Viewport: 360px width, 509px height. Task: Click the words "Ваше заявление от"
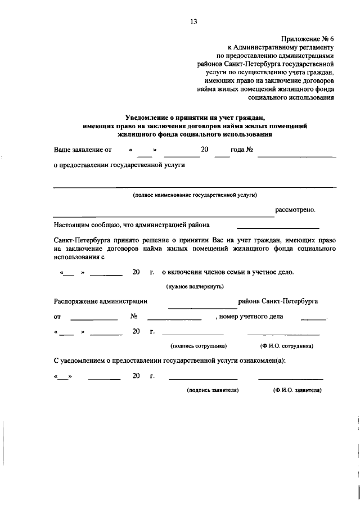coord(83,150)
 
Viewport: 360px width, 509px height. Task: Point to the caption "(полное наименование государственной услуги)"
coord(195,195)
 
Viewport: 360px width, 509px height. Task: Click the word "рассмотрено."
coord(295,210)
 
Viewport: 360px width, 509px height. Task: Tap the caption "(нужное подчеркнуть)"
coord(195,286)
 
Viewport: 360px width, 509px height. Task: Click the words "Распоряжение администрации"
coord(100,301)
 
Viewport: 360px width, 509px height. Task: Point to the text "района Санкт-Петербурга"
coord(278,301)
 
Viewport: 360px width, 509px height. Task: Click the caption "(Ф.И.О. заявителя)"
coord(297,389)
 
